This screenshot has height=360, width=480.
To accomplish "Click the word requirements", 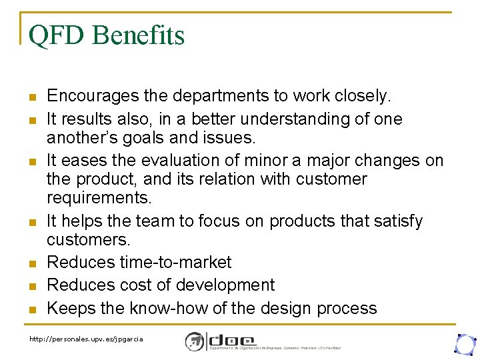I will tap(99, 198).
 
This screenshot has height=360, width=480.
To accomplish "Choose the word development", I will tap(226, 285).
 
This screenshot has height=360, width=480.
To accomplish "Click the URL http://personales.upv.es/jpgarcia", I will tap(86, 339).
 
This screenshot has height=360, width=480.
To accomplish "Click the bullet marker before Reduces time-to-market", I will tap(32, 263).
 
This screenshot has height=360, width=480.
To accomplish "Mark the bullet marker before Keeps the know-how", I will tap(32, 309).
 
